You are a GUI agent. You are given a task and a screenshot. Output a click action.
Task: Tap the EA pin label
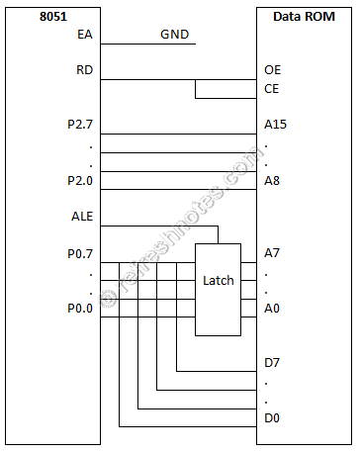(x=84, y=36)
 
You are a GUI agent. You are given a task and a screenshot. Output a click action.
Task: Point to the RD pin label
(x=84, y=71)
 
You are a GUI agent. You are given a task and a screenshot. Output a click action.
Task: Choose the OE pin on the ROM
(x=273, y=71)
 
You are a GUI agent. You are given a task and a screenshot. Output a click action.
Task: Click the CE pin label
(x=272, y=90)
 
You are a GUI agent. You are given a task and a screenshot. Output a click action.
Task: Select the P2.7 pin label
(x=75, y=127)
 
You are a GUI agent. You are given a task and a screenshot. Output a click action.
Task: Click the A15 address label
(x=276, y=127)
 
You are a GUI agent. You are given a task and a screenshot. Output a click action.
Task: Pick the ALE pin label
(x=82, y=217)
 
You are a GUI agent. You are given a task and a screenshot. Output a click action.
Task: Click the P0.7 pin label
(x=75, y=253)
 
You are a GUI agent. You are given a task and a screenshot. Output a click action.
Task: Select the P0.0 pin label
(x=75, y=308)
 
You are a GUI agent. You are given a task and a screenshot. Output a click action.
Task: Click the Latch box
(x=218, y=280)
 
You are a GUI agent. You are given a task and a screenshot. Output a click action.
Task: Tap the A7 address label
(x=272, y=253)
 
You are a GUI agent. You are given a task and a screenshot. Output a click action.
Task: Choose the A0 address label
(x=272, y=308)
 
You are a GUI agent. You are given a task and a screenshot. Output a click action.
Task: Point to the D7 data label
(x=272, y=362)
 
